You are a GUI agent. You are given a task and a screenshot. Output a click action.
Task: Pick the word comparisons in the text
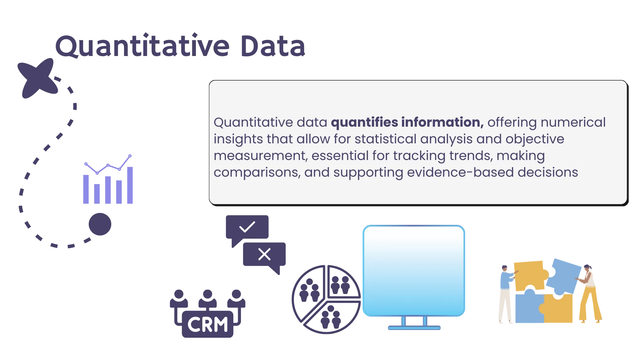click(257, 172)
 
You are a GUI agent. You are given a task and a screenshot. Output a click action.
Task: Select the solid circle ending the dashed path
click(100, 224)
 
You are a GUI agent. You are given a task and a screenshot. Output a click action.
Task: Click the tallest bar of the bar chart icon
click(129, 185)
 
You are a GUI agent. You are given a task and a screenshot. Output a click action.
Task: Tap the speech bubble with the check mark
click(247, 228)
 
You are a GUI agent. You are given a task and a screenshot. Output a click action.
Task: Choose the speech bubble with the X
click(265, 255)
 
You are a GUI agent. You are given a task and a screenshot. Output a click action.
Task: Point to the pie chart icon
click(326, 300)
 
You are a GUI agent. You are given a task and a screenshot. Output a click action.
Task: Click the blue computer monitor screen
click(414, 270)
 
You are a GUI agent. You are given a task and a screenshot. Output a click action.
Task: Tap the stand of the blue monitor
click(414, 324)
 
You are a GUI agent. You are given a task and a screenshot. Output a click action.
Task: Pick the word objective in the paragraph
click(535, 139)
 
